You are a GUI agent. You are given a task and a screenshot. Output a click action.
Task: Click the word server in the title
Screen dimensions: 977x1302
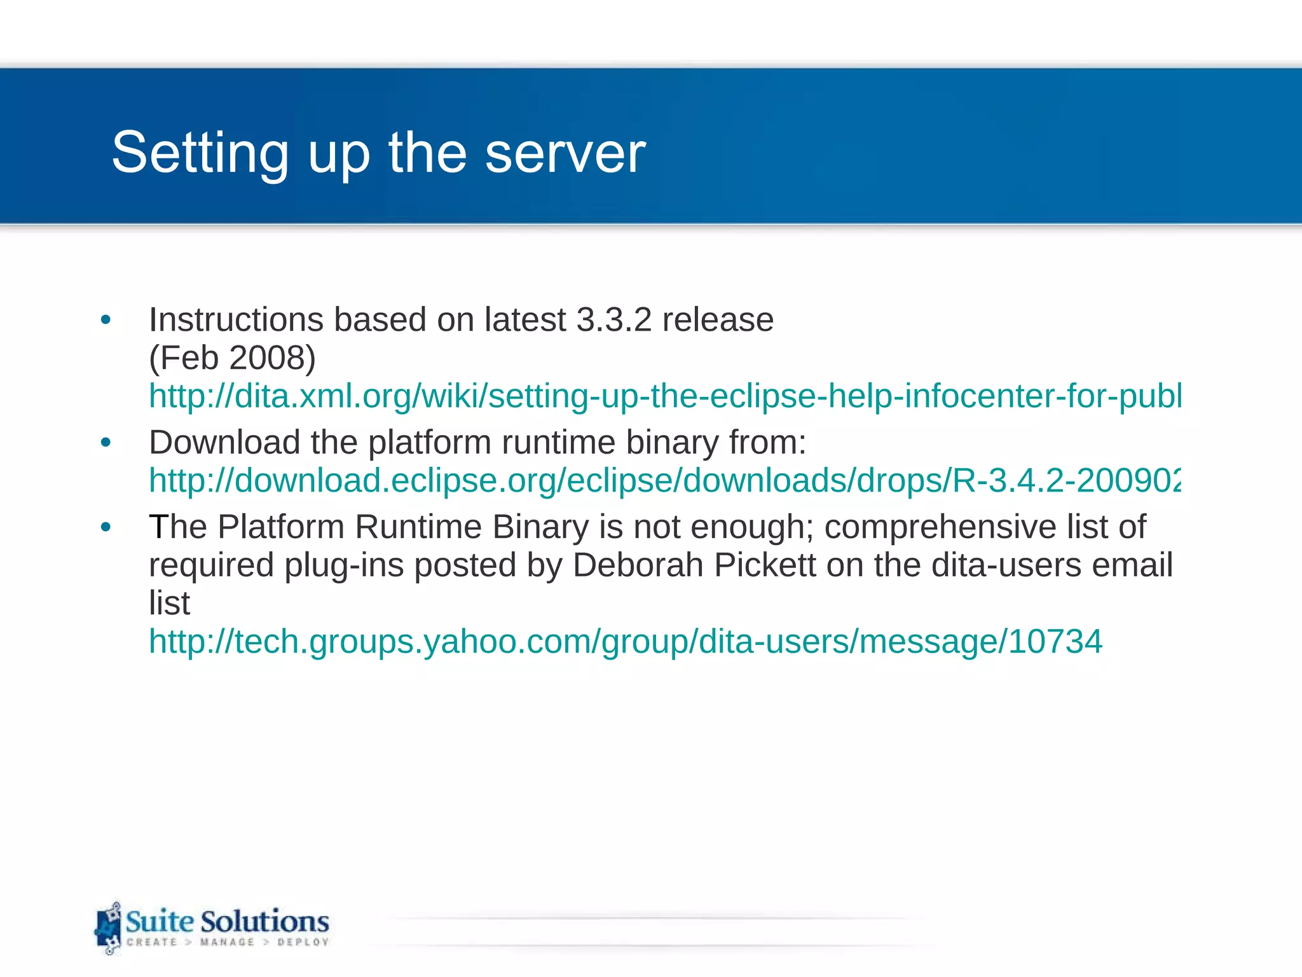[x=565, y=153]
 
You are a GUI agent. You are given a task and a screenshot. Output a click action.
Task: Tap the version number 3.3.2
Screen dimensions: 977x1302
[x=613, y=320]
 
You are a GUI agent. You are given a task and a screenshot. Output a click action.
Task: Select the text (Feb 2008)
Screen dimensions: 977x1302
[x=232, y=358]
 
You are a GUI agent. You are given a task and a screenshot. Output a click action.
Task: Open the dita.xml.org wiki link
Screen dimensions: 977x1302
[x=665, y=396]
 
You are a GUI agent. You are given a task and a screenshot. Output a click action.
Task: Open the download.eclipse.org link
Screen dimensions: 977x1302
[x=665, y=480]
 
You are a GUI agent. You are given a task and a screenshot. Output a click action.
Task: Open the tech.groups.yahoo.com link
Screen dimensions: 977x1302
[x=626, y=641]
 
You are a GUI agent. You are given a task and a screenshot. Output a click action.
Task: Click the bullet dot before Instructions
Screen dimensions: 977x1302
[x=106, y=320]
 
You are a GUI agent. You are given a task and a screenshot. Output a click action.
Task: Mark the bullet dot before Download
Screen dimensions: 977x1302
[x=106, y=443]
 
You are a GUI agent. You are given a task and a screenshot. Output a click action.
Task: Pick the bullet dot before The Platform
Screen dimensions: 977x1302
[x=106, y=527]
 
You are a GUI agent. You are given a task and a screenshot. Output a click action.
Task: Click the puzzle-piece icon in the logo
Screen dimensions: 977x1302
[x=108, y=928]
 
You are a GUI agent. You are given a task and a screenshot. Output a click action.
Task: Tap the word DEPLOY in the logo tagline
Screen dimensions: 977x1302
[x=303, y=942]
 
